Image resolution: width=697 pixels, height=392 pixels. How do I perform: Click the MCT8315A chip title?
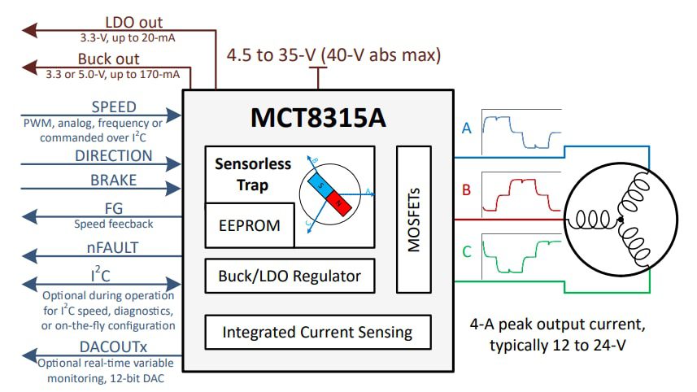316,118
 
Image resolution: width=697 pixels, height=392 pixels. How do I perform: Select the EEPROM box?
249,225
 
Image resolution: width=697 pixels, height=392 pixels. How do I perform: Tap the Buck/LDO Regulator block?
289,277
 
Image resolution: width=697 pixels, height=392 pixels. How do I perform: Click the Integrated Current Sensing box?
317,332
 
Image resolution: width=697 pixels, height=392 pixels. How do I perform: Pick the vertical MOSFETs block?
413,219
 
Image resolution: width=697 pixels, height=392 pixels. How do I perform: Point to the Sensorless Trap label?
252,174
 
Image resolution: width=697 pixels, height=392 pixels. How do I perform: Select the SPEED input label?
114,107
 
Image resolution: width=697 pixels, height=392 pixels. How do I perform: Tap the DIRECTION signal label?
114,155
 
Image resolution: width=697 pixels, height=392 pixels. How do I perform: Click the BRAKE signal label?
114,181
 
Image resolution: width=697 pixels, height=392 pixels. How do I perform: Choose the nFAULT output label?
114,247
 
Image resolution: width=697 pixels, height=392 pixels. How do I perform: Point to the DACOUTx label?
114,346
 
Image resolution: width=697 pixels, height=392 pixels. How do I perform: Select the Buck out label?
108,59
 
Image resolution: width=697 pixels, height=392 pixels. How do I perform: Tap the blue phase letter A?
466,128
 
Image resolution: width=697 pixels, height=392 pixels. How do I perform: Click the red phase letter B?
466,190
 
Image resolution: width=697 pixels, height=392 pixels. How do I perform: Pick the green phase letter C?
466,252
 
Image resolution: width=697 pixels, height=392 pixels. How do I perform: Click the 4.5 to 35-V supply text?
333,55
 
